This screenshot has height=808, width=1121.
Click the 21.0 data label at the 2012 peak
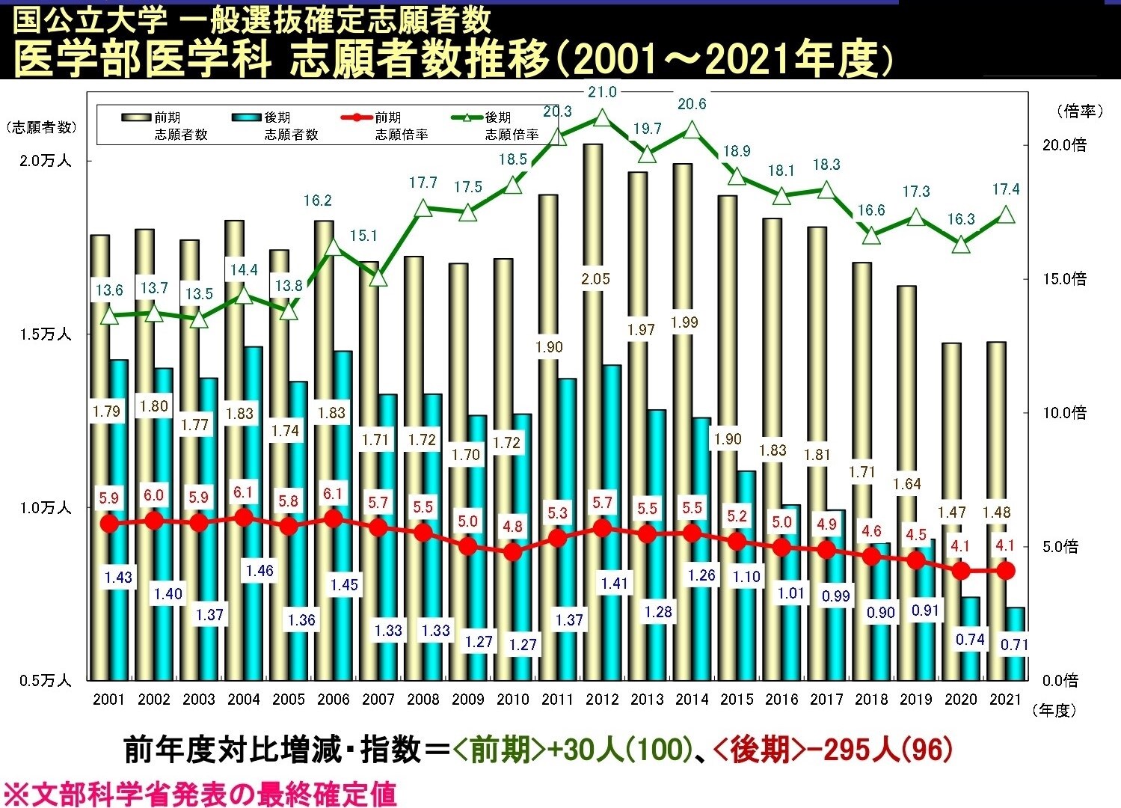click(x=602, y=92)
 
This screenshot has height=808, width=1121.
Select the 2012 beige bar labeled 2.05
click(x=593, y=224)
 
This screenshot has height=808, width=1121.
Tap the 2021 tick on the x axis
click(x=1005, y=700)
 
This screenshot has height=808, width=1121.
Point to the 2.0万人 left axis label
click(x=45, y=161)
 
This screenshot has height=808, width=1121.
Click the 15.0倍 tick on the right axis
click(x=1064, y=279)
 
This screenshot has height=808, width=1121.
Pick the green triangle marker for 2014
click(x=692, y=130)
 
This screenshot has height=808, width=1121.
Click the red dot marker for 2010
click(x=512, y=552)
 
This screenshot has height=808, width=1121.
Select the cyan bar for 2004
click(x=254, y=449)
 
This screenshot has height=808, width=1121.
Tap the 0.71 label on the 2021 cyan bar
click(x=1014, y=644)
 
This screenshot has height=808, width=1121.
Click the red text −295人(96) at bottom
click(x=833, y=750)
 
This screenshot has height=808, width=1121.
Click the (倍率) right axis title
click(x=1080, y=111)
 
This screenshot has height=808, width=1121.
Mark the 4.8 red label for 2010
click(x=512, y=527)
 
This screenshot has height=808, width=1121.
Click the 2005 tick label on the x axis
click(x=288, y=700)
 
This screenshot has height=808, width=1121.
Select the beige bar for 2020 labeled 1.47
click(x=951, y=426)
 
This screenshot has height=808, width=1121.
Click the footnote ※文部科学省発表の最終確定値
click(x=200, y=794)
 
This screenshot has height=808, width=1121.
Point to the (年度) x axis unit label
click(x=1054, y=711)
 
